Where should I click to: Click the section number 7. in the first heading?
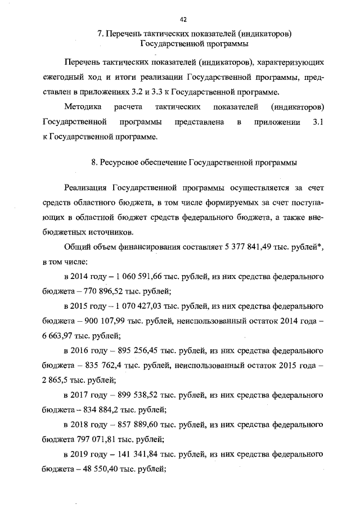tap(100, 33)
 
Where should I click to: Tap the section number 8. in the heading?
tap(94, 163)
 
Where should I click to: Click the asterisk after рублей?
tap(322, 245)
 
